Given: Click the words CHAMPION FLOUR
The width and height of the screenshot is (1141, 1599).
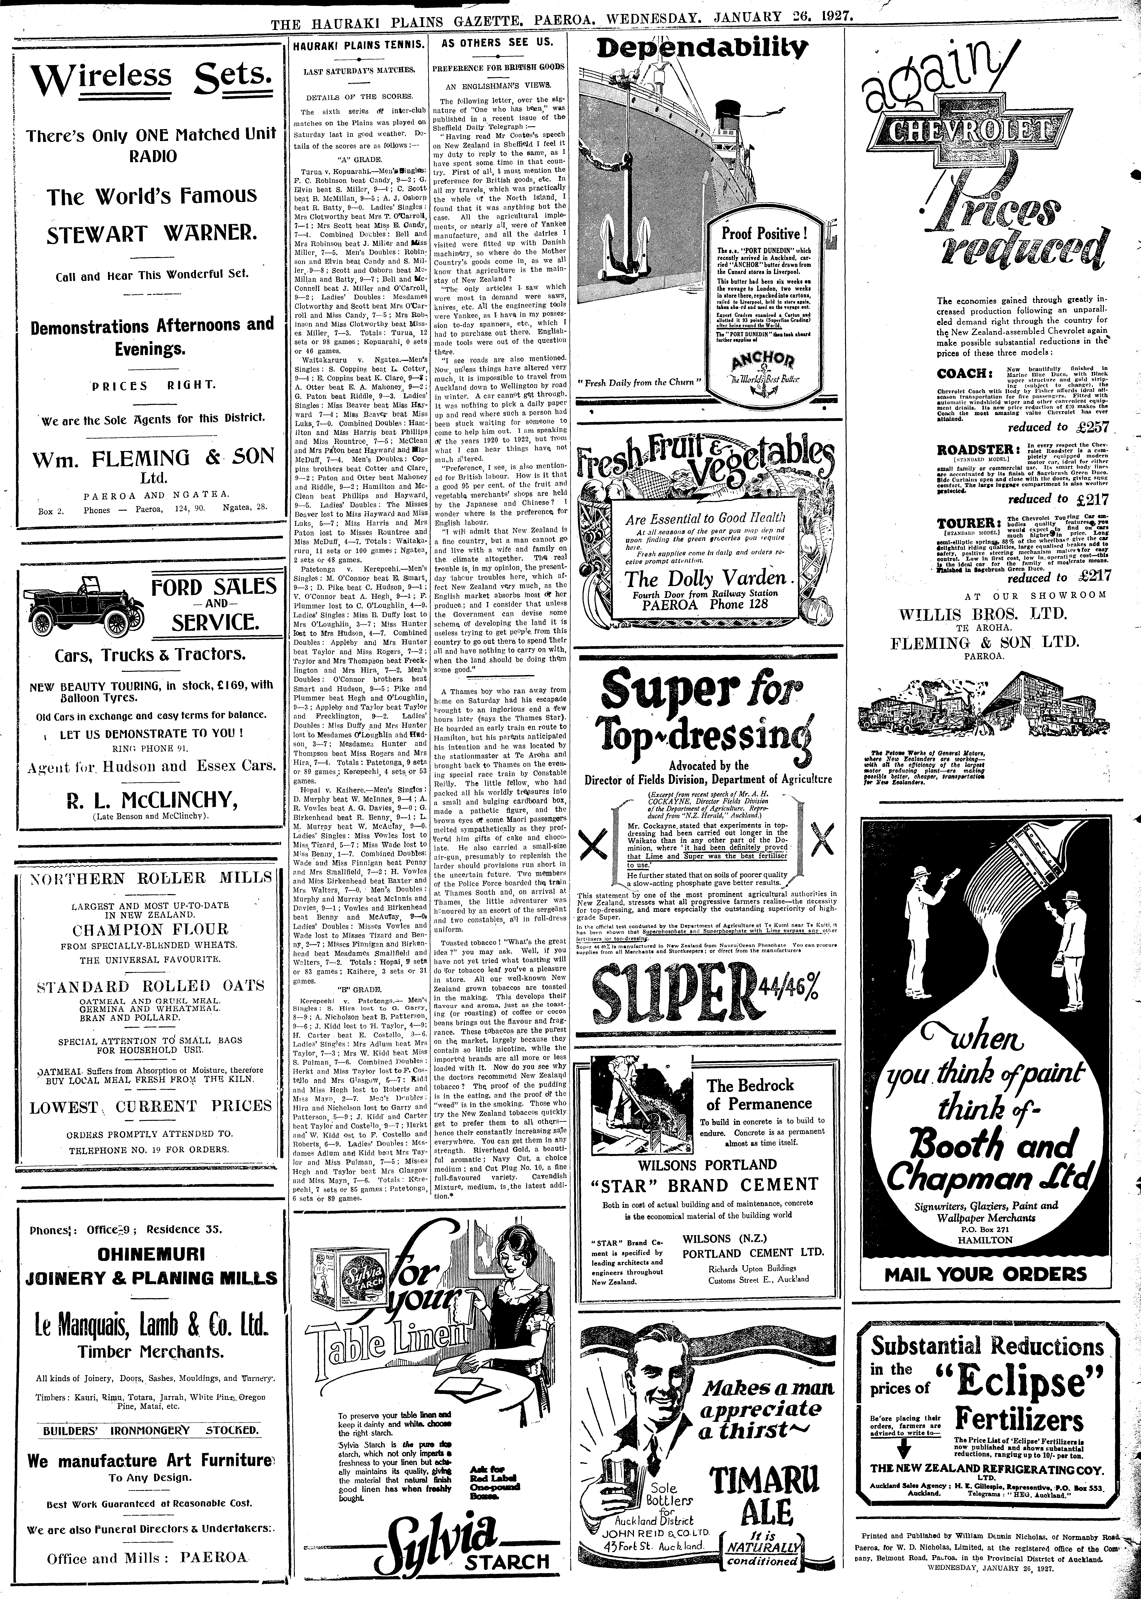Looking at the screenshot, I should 148,930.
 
